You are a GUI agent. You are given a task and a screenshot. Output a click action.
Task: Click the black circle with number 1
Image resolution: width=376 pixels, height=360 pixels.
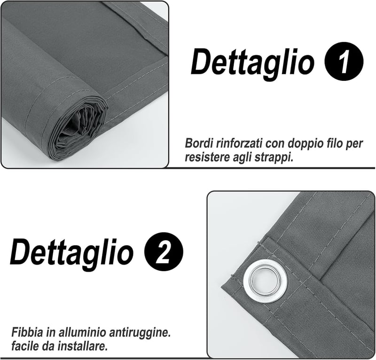click(344, 61)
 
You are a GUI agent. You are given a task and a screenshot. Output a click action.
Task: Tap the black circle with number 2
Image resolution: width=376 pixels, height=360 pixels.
click(164, 251)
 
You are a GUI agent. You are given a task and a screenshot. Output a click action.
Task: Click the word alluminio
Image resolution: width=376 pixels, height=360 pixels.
click(82, 332)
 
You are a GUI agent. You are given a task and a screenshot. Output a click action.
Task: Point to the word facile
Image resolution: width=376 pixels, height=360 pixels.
click(24, 346)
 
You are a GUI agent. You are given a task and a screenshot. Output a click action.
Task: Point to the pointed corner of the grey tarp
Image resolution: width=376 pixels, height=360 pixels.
click(221, 286)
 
